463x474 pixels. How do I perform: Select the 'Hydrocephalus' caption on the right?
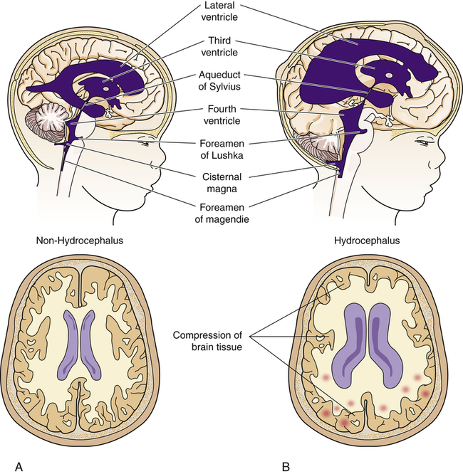(x=366, y=241)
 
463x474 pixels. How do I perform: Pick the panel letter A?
(x=19, y=466)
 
